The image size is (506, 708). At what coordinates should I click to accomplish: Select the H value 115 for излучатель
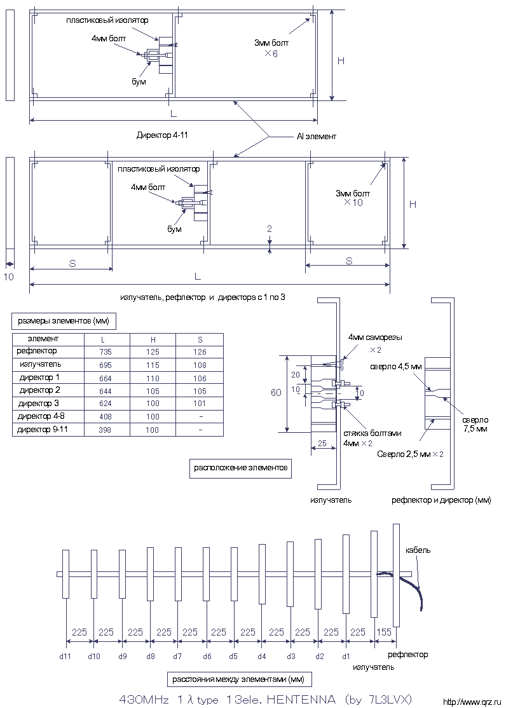point(153,365)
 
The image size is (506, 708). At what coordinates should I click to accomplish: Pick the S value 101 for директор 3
point(199,403)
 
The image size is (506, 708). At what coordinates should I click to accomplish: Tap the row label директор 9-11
point(43,430)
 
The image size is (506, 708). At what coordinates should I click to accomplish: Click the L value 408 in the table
point(106,417)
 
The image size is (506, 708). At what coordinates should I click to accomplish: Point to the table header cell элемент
point(43,339)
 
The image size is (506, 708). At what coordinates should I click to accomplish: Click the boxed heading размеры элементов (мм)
point(63,322)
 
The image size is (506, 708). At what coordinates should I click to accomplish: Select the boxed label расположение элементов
point(241,468)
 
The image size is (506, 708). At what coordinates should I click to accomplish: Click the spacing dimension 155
point(384,632)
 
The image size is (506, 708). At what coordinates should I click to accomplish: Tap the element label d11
point(65,657)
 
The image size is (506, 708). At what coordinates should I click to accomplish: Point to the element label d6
point(207,657)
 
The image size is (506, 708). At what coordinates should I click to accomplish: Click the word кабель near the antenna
point(418,550)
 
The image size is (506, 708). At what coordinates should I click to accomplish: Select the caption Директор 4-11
point(162,135)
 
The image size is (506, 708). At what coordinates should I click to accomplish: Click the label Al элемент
point(317,137)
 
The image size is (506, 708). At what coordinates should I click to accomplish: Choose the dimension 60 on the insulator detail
point(276,393)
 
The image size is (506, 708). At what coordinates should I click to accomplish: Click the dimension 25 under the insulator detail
point(322,444)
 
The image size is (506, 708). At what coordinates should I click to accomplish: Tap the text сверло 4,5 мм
point(396,366)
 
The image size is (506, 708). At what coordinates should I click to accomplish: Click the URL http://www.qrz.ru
point(474,702)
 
